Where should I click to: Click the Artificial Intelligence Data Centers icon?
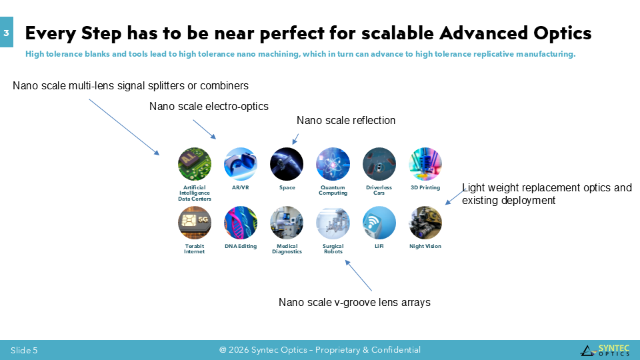coord(195,164)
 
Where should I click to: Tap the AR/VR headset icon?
coord(241,164)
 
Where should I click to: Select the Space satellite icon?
coord(287,164)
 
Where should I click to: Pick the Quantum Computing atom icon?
coord(333,164)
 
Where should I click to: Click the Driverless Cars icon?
coord(379,164)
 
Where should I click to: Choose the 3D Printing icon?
coord(425,164)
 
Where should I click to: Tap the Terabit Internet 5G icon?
coord(195,223)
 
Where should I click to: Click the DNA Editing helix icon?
coord(241,223)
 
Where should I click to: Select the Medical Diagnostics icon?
coord(287,223)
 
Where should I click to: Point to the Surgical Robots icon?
coord(333,223)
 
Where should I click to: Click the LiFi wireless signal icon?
coord(379,223)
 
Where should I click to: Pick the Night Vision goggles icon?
coord(425,223)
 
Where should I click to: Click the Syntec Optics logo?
coord(605,350)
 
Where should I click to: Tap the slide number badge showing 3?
coord(7,32)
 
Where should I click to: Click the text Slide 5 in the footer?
coord(24,350)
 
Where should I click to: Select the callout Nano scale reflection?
coord(346,121)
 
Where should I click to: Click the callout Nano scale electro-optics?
coord(209,107)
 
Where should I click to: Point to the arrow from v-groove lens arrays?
coord(359,276)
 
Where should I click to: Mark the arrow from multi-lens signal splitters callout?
coord(124,127)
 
